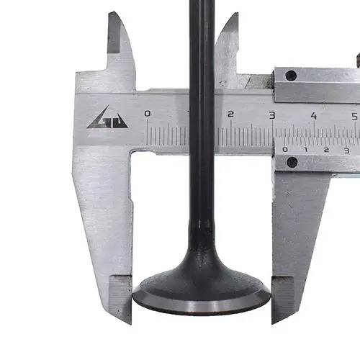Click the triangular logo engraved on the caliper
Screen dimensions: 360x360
point(108,118)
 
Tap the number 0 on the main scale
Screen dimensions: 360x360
point(148,113)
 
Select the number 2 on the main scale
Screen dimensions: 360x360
point(230,114)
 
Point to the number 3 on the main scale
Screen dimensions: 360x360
point(272,115)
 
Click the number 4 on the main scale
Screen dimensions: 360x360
point(314,116)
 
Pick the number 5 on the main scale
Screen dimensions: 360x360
point(355,117)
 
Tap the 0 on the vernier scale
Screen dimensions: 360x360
point(285,150)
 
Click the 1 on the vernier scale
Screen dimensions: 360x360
point(306,150)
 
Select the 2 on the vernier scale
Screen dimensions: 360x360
point(326,150)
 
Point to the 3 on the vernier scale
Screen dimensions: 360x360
point(346,150)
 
